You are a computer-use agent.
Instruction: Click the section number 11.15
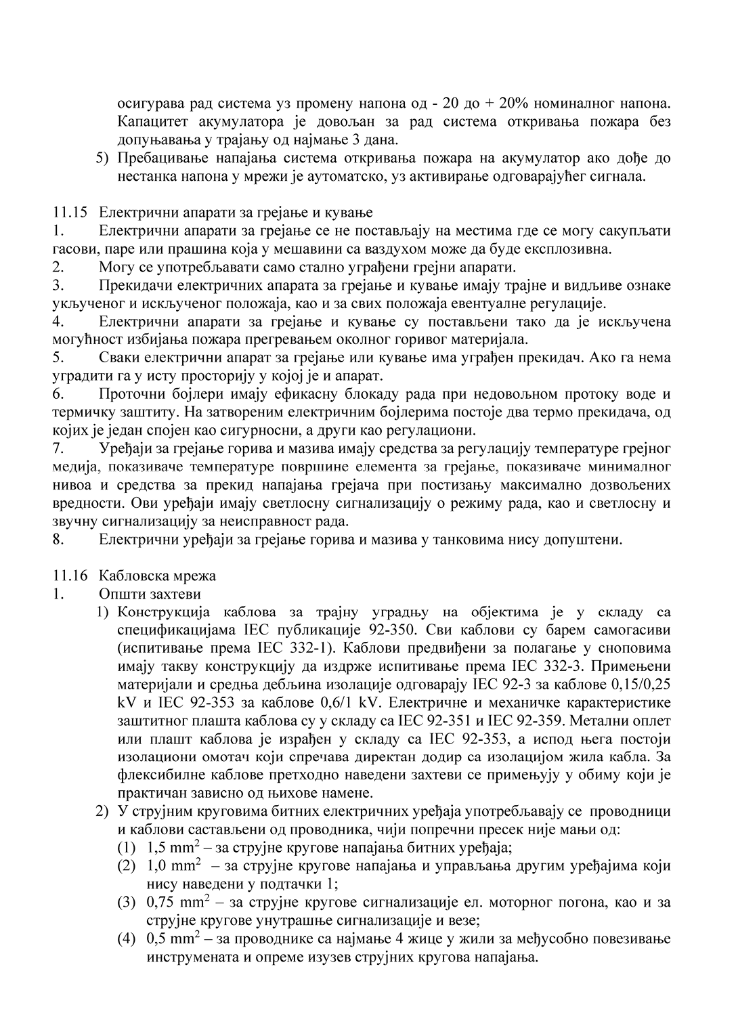[70, 213]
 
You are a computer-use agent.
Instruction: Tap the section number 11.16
[70, 576]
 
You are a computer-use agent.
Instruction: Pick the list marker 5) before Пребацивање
[102, 158]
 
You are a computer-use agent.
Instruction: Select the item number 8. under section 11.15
[58, 540]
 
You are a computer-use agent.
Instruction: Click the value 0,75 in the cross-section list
[160, 903]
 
